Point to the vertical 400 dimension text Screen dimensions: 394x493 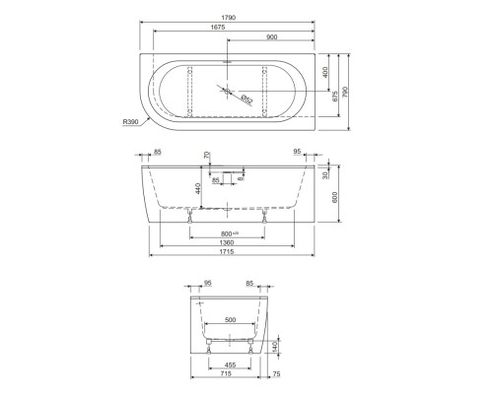(x=325, y=74)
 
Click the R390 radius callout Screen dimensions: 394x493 (x=129, y=121)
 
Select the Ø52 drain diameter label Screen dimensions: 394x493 (x=247, y=98)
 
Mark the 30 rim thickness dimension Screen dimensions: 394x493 (x=324, y=174)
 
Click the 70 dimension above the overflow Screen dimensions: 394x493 (x=207, y=156)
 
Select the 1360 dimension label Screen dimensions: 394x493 (x=227, y=242)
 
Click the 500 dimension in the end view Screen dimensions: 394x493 (x=230, y=320)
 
